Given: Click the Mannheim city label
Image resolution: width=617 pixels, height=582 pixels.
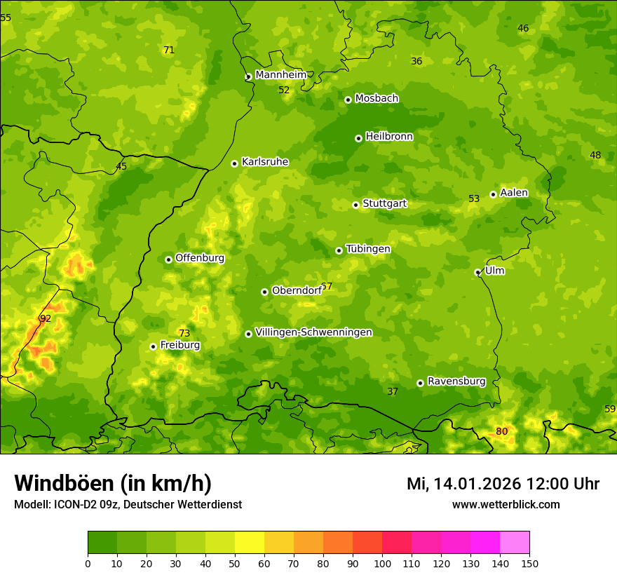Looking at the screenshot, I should click(x=280, y=75).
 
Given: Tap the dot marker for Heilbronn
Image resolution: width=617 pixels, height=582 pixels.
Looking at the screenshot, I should click(x=358, y=138).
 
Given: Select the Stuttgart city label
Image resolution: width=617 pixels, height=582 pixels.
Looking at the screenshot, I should click(x=384, y=204).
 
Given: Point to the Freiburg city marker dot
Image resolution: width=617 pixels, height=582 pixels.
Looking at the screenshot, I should click(x=153, y=346).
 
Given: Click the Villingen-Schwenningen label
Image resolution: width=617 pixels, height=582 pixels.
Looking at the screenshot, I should click(x=313, y=332).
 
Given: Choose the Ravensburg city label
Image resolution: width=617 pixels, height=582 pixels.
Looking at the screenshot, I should click(x=456, y=381).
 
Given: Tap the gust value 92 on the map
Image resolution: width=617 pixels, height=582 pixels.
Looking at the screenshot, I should click(x=46, y=319).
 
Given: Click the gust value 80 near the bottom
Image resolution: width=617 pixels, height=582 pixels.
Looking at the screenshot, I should click(x=501, y=431).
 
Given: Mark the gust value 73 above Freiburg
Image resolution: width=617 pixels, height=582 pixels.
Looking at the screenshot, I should click(x=184, y=333).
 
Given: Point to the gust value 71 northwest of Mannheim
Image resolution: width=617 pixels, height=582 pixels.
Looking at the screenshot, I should click(x=168, y=50).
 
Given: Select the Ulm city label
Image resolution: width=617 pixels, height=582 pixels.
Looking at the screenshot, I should click(x=494, y=271).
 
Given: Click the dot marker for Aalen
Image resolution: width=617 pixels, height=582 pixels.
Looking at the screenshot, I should click(x=493, y=194).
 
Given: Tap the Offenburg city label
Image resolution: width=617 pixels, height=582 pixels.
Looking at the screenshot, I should click(x=199, y=258).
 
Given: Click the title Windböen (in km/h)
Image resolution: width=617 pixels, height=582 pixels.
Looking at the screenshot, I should click(x=113, y=483).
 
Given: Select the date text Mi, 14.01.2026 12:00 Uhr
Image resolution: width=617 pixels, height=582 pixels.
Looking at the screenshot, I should click(x=503, y=484).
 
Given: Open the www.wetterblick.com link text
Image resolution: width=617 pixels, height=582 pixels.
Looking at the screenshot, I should click(x=506, y=504).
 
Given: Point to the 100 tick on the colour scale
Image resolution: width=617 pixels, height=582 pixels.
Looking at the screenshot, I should click(x=382, y=563).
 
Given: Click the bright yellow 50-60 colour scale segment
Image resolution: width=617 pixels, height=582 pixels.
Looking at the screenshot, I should click(x=250, y=543).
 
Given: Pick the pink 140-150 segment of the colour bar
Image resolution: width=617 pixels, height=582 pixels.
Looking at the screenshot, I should click(x=515, y=543).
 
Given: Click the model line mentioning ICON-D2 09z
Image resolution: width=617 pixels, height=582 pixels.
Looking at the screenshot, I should click(x=128, y=504).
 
